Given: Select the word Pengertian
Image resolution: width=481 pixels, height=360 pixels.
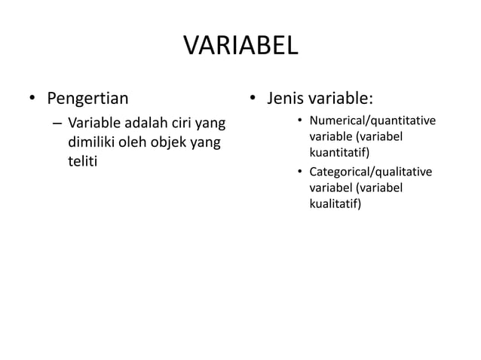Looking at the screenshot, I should pyautogui.click(x=87, y=98).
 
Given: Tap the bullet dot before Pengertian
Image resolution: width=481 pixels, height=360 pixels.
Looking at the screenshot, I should pyautogui.click(x=32, y=99).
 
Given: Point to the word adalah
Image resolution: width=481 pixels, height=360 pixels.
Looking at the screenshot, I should pyautogui.click(x=140, y=124).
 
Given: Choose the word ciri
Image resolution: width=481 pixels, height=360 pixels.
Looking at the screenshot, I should pyautogui.click(x=176, y=124).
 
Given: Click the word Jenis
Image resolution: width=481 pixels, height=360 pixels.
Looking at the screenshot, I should pyautogui.click(x=284, y=98).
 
